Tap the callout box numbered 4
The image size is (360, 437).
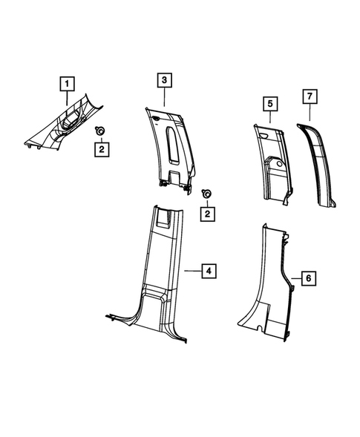point(211,272)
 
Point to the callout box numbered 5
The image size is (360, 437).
point(269,103)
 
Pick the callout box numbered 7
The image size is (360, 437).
point(310,96)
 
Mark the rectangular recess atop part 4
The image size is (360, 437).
point(166,217)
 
